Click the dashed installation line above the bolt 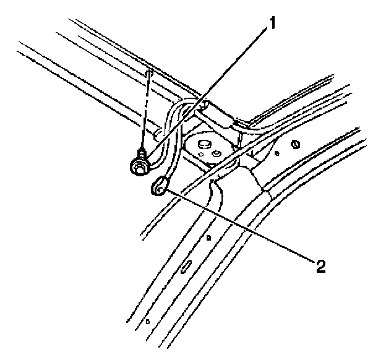coord(147,111)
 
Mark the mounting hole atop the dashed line coord(149,74)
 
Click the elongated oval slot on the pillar coord(186,267)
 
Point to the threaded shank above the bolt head coord(143,152)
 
